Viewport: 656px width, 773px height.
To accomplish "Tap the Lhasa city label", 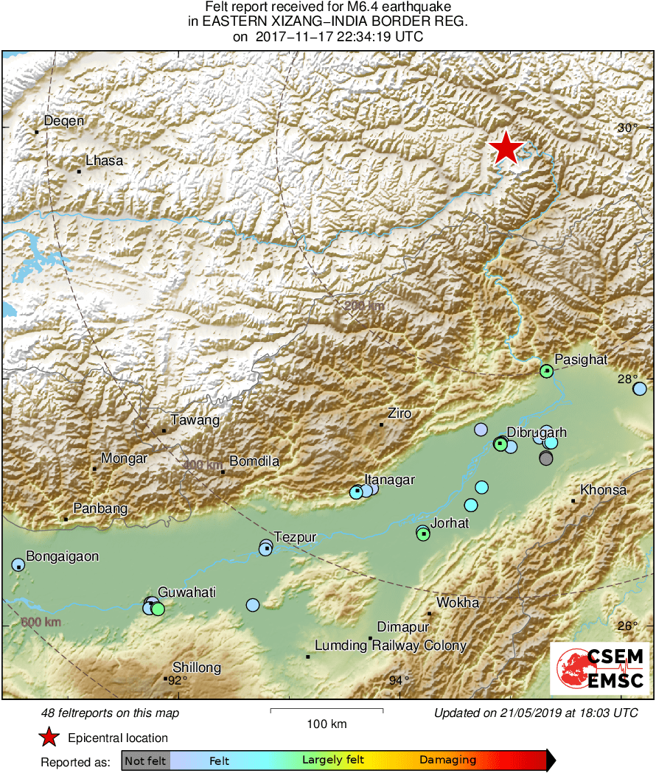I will [x=104, y=161].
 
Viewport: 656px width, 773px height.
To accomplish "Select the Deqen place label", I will [x=64, y=122].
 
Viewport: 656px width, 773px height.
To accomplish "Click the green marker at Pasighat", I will [x=546, y=371].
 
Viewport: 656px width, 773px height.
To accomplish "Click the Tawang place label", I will [x=195, y=421].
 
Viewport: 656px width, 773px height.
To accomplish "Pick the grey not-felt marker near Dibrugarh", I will [x=545, y=458].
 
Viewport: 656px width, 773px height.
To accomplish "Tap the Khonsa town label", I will [x=603, y=490].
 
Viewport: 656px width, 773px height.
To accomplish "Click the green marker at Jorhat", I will [x=423, y=534].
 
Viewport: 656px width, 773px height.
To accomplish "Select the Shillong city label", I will [x=196, y=668].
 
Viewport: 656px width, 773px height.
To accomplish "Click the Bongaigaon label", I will [x=62, y=556].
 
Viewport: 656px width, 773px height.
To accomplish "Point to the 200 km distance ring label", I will [x=363, y=306].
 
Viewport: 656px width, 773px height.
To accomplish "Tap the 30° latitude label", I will [x=628, y=128].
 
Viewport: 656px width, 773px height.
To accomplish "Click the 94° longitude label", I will [x=399, y=680].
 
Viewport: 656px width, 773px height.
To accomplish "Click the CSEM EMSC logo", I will [x=600, y=669].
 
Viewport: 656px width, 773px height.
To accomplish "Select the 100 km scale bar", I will [x=327, y=710].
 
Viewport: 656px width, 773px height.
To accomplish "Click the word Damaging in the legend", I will [x=447, y=760].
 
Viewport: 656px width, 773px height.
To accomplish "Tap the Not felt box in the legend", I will [x=145, y=760].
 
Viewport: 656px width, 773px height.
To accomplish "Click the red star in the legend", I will [x=49, y=737].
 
